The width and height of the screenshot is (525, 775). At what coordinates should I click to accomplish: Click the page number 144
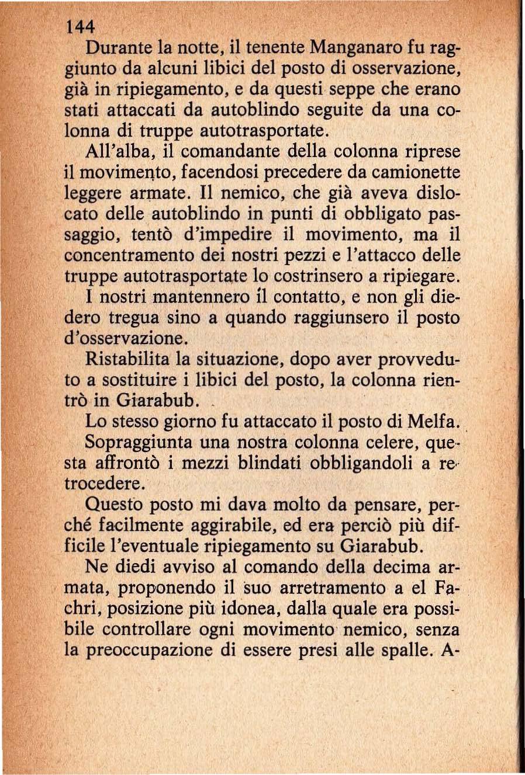80,26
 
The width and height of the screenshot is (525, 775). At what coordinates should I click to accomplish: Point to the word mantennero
176,297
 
